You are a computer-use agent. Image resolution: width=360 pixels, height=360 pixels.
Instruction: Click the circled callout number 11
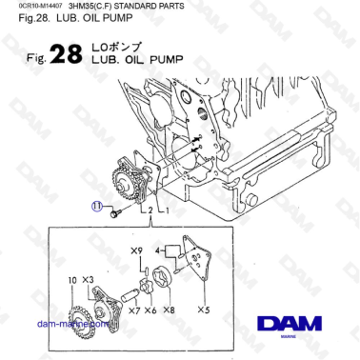pos(97,204)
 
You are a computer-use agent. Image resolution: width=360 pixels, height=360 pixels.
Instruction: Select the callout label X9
pos(136,250)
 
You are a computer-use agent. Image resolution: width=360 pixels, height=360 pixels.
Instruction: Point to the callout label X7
pos(134,310)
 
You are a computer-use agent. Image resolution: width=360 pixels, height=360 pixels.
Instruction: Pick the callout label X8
pos(170,310)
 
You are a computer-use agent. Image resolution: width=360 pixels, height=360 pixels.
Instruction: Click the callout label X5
pos(203,310)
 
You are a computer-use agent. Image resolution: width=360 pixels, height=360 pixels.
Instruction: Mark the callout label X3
pos(89,278)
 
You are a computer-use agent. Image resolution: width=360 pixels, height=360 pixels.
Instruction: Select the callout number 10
pos(72,278)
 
